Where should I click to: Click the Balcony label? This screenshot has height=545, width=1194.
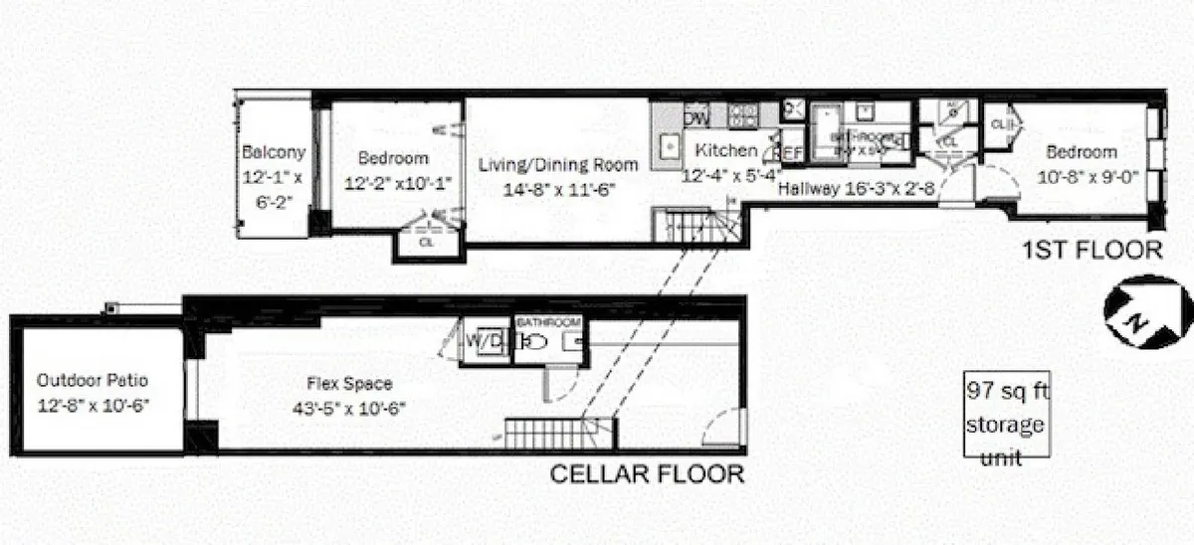(x=274, y=153)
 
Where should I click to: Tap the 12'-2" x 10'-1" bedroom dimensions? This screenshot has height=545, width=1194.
(x=393, y=182)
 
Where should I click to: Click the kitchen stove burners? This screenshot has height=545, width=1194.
(x=742, y=115)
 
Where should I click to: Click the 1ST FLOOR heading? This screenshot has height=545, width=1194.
(x=1092, y=249)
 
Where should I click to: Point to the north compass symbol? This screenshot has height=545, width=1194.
(x=1146, y=311)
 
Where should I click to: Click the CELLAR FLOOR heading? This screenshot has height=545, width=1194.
(x=647, y=473)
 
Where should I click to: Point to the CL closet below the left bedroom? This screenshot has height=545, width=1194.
(x=426, y=242)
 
